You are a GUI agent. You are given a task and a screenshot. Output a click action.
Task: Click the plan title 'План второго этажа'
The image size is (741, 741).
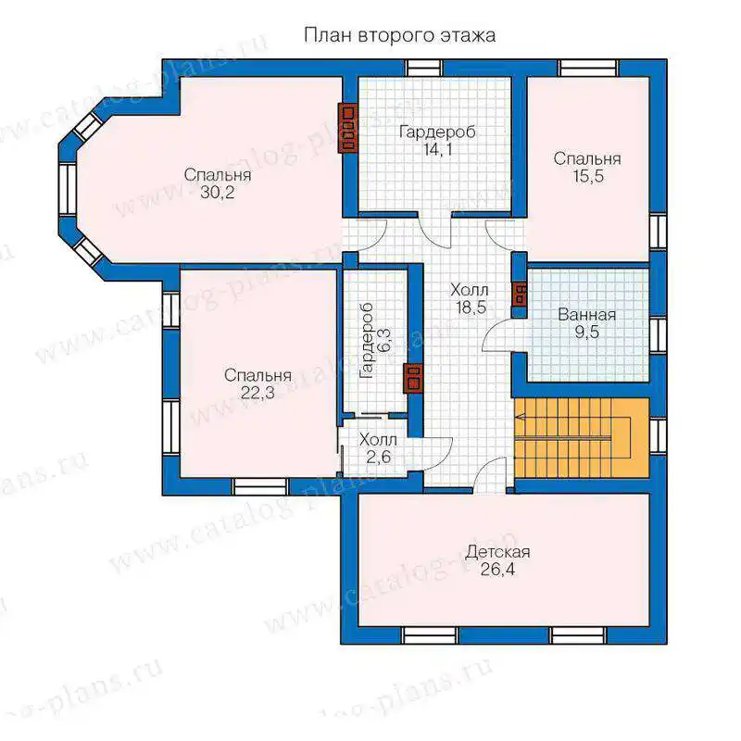click(x=399, y=36)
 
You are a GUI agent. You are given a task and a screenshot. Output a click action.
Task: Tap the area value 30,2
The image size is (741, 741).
click(x=218, y=193)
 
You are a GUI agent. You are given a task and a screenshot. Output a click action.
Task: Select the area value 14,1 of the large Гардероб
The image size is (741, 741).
click(x=437, y=150)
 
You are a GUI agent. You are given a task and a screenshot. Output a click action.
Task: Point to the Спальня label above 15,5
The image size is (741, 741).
click(x=587, y=158)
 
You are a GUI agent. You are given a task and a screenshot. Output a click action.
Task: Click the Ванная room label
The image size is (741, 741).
click(x=587, y=315)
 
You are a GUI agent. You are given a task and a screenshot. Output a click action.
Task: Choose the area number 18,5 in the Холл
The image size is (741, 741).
click(x=471, y=308)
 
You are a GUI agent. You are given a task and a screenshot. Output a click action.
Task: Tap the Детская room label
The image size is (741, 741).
click(x=497, y=552)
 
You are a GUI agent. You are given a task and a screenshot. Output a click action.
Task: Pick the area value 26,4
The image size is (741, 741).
click(x=497, y=570)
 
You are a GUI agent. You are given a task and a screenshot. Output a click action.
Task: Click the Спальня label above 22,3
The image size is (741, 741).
click(x=257, y=375)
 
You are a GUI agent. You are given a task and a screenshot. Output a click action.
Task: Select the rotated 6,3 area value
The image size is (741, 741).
click(x=384, y=340)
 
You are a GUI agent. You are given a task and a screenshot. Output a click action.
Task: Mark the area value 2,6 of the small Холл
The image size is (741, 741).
click(x=379, y=457)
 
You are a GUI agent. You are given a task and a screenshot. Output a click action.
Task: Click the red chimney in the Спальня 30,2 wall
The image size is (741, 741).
click(x=347, y=128)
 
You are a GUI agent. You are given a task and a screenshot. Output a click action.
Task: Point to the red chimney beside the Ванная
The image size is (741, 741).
click(x=520, y=294)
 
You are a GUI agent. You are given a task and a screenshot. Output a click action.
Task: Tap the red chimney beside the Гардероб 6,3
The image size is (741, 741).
click(x=413, y=378)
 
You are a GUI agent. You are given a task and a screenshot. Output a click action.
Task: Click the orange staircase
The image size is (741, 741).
click(x=582, y=438)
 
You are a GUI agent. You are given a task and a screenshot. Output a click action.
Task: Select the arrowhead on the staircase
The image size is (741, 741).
click(x=520, y=417)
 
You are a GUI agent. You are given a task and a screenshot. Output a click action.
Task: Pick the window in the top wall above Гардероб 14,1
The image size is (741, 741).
click(x=424, y=68)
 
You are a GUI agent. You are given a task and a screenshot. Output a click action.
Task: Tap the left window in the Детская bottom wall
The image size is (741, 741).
click(x=430, y=635)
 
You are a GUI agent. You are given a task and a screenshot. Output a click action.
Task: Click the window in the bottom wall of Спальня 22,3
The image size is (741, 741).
click(x=261, y=487)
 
